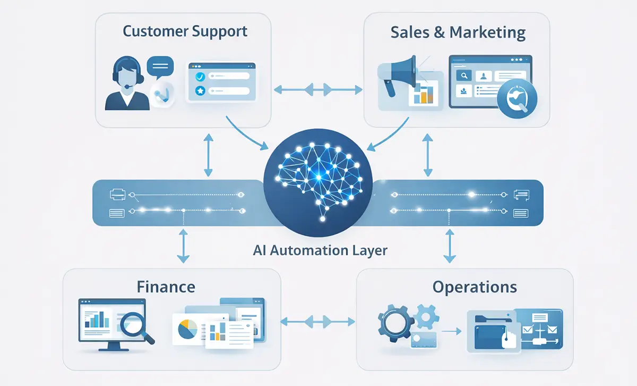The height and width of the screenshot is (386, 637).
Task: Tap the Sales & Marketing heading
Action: (458, 32)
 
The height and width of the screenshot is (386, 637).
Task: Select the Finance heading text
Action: (166, 287)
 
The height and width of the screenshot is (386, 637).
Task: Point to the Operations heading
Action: (475, 287)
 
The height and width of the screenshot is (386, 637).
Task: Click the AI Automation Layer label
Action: (321, 250)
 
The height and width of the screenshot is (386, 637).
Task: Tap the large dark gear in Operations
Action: (393, 323)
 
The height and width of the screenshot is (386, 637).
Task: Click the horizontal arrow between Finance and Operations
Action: (317, 321)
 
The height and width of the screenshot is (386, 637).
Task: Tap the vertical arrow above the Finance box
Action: (183, 246)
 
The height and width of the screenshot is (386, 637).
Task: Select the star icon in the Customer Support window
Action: (200, 91)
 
